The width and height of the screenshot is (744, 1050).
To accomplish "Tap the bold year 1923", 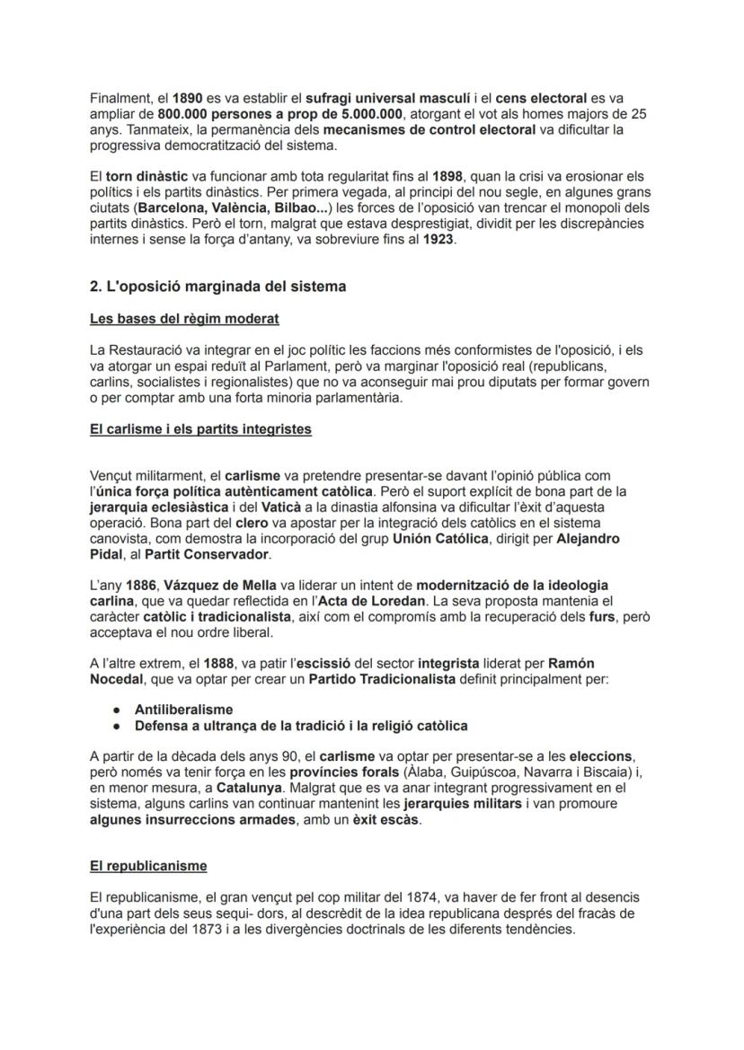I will (438, 241).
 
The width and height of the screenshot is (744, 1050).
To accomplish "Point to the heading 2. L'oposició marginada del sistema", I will (217, 287).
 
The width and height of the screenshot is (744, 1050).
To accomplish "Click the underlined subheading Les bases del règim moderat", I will (184, 319).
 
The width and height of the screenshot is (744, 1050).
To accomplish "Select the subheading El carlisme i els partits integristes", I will (200, 429).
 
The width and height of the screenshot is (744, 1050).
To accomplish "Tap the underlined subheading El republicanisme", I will (148, 866).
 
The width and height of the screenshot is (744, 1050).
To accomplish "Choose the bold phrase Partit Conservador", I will (195, 554).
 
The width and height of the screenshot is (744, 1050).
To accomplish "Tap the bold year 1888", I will (206, 664).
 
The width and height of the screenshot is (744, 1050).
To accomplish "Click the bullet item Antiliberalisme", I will (183, 710).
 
